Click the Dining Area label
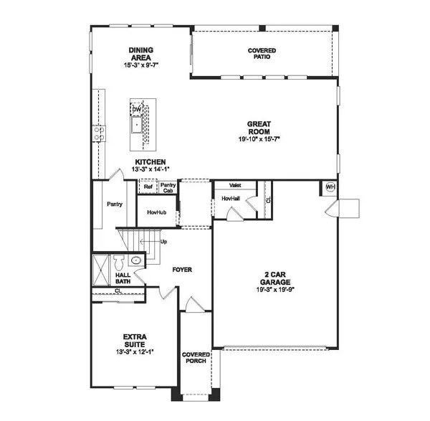(141, 54)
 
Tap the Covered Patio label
(262, 55)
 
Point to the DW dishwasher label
(136, 109)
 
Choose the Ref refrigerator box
(148, 186)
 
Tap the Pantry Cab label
(168, 186)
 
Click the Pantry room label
(114, 204)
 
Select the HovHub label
(157, 212)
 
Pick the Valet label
(235, 185)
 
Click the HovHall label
(230, 197)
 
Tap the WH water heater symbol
(330, 186)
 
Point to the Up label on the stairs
(163, 242)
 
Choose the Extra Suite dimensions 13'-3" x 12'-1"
(134, 352)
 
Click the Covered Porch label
(195, 358)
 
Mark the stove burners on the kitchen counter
(97, 133)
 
